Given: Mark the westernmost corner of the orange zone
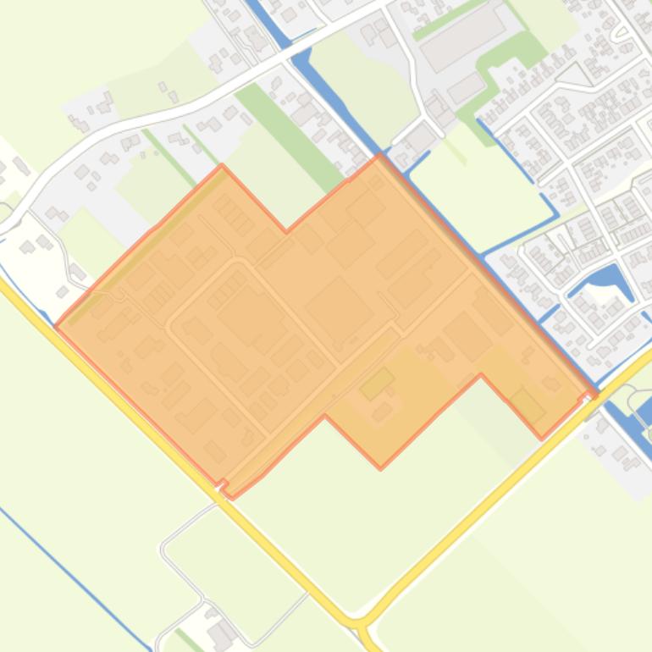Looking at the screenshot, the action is [55, 324].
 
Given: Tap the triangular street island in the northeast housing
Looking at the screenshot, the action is [577, 75].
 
